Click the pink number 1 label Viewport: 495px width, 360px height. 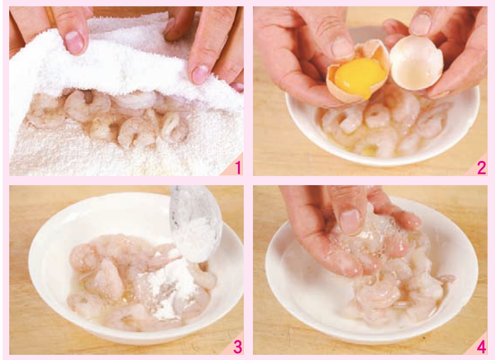click(238, 168)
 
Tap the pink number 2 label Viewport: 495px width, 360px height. click(481, 168)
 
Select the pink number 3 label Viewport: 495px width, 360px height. click(237, 347)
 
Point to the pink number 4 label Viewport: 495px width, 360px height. click(481, 347)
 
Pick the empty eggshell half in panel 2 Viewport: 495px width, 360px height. click(416, 63)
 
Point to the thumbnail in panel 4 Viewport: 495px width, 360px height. click(349, 221)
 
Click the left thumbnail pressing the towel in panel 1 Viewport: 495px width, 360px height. click(75, 42)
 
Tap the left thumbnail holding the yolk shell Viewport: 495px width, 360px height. click(342, 48)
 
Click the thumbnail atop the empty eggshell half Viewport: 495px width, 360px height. click(420, 24)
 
